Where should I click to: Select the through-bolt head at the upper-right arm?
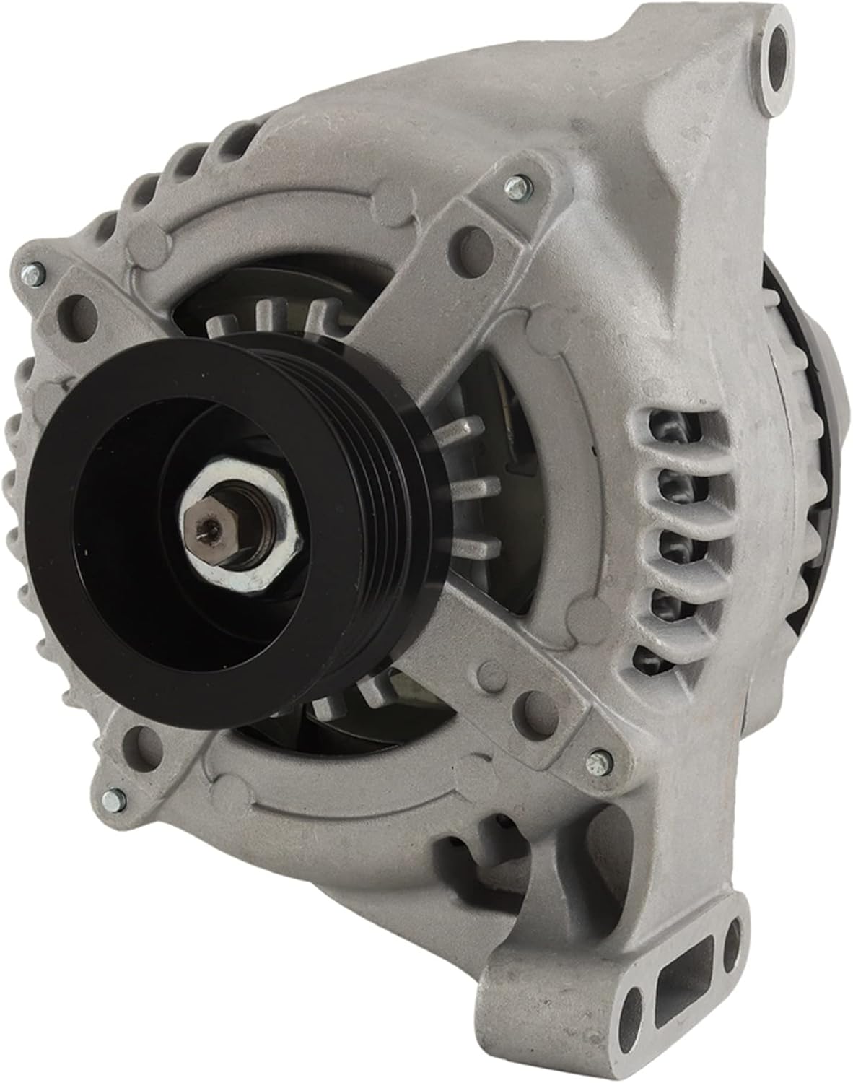coord(515,188)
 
